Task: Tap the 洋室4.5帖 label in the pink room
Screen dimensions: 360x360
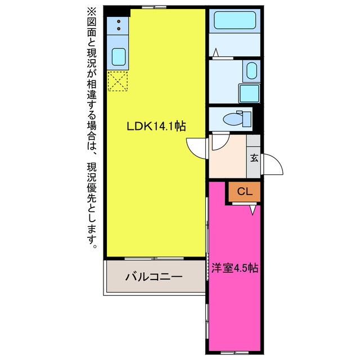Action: click(x=235, y=268)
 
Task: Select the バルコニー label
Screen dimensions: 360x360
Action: click(x=154, y=277)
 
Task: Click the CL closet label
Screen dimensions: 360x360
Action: click(x=244, y=192)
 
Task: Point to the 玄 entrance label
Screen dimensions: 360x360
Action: click(x=254, y=158)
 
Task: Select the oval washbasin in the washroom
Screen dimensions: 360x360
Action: click(x=251, y=72)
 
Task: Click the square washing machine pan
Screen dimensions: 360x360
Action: click(x=248, y=93)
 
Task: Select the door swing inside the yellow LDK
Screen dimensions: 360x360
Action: click(x=197, y=148)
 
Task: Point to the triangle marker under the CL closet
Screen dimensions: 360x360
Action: click(x=253, y=209)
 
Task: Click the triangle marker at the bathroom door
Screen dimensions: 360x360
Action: click(x=215, y=53)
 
